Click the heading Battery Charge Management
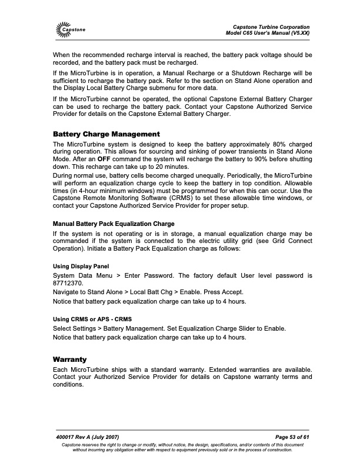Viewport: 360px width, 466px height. tap(106, 134)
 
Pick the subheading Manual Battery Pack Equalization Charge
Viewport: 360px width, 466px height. tap(114, 224)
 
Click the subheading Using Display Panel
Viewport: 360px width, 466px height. tap(81, 266)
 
